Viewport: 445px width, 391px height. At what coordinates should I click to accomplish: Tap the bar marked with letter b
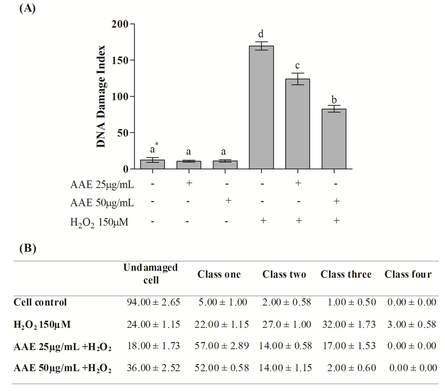click(334, 139)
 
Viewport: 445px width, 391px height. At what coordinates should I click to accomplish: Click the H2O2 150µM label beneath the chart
click(100, 223)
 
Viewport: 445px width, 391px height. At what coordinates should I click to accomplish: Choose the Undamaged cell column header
click(150, 274)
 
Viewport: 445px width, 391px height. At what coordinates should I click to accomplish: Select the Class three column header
click(346, 274)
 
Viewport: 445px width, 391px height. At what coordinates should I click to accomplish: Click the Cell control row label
click(40, 302)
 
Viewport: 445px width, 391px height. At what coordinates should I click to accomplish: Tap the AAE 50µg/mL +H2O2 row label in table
click(63, 368)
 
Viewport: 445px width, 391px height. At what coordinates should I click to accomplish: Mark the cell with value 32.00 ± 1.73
click(346, 324)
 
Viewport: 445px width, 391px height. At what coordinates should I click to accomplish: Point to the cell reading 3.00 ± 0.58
click(411, 324)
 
